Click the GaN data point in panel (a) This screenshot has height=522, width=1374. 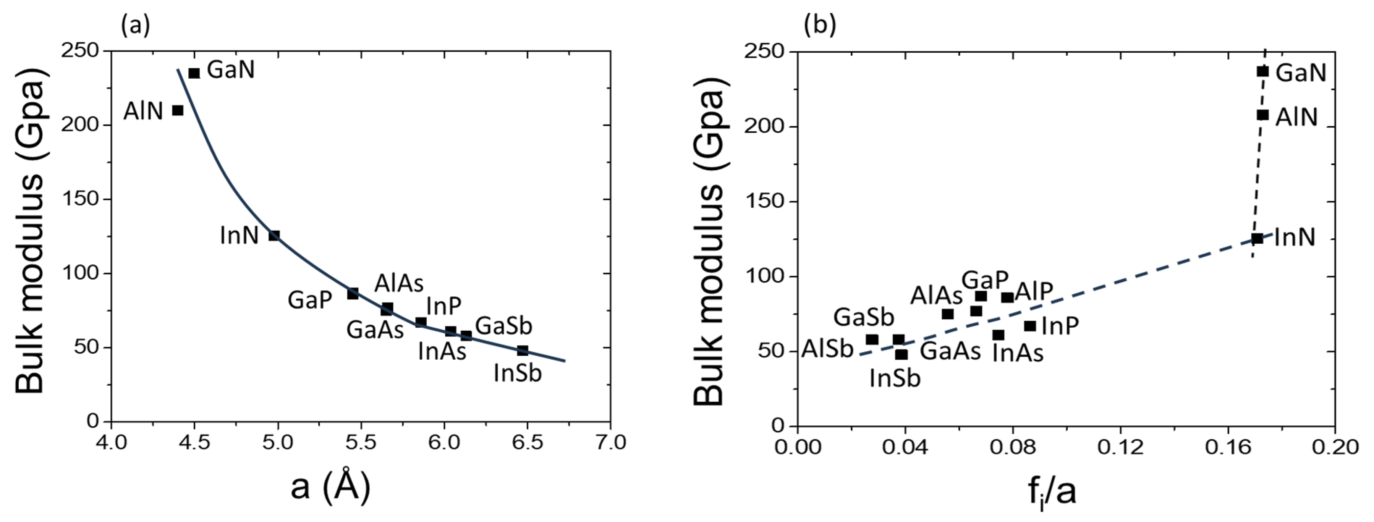click(x=194, y=73)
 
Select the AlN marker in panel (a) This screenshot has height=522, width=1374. click(x=178, y=110)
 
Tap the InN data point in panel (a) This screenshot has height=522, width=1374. click(x=274, y=236)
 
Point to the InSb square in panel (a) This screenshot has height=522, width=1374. click(x=523, y=350)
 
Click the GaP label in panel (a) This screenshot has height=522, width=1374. click(x=309, y=300)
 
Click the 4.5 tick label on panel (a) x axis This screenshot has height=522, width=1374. click(x=194, y=442)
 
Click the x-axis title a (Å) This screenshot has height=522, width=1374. click(x=330, y=486)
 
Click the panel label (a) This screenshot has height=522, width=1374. click(x=136, y=25)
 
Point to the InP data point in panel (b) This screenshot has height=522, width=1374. click(x=1030, y=326)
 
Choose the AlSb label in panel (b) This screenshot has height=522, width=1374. click(x=827, y=349)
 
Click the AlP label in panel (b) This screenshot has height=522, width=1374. click(x=1034, y=292)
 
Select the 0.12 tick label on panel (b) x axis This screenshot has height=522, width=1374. click(x=1120, y=447)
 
